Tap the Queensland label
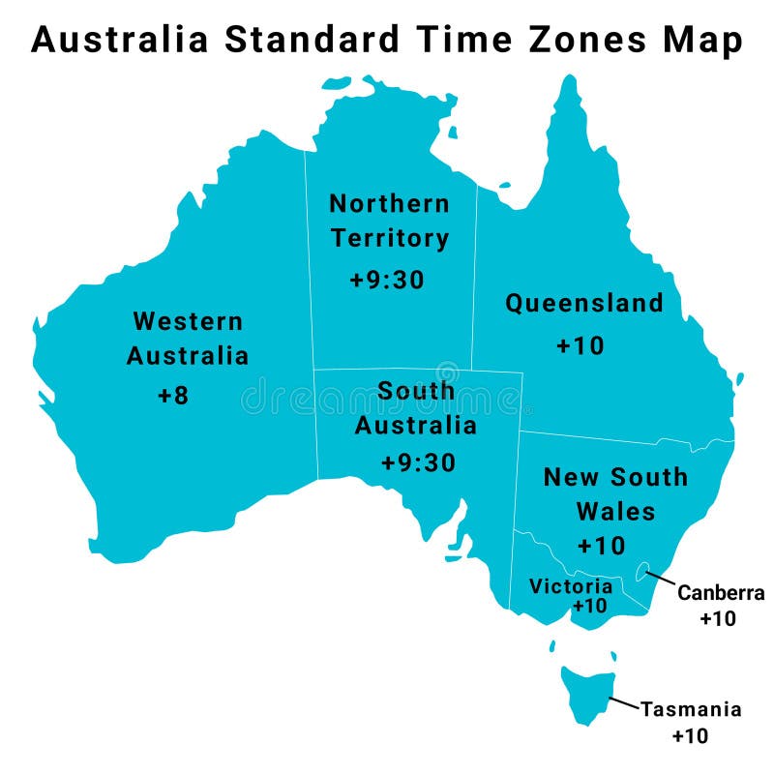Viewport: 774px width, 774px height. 584,303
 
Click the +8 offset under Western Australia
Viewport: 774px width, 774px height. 173,396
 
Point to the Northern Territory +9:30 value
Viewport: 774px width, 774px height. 387,280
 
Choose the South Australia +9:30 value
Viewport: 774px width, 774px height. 418,462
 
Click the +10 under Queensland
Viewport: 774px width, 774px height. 580,345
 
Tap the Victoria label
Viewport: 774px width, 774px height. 571,586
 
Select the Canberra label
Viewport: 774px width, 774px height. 721,593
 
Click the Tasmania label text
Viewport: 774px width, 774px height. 691,709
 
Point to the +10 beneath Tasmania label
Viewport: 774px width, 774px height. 690,735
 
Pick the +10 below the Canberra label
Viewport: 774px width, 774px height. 718,619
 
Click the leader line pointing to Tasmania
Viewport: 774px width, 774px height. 624,704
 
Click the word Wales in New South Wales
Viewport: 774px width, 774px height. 615,510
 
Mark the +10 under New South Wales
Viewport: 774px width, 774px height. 601,546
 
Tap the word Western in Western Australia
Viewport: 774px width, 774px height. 188,320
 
